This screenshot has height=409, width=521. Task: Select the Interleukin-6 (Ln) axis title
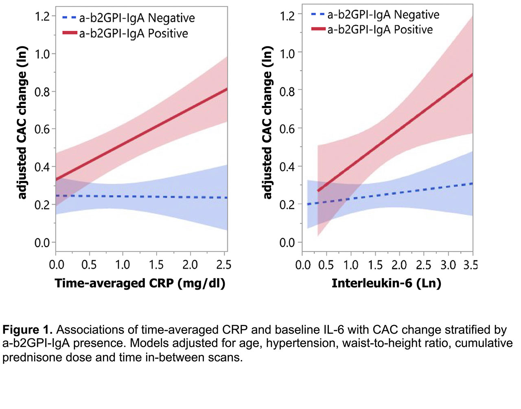coord(386,283)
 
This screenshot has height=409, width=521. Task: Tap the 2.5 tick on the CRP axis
coord(223,265)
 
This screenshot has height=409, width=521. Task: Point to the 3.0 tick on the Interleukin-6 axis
coord(448,265)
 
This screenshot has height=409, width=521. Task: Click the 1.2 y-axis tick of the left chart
coord(42,16)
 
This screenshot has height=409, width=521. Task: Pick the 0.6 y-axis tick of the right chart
coord(287,129)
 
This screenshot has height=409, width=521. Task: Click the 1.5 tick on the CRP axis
coord(156,265)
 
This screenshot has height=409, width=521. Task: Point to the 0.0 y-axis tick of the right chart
coord(287,243)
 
